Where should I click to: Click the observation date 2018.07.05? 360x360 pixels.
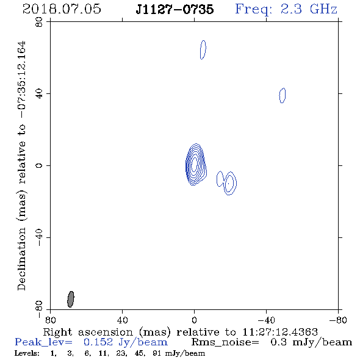click(x=62, y=9)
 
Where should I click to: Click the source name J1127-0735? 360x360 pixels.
click(x=175, y=10)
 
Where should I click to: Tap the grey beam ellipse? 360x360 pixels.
click(x=71, y=299)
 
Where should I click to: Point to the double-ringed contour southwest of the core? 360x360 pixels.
click(x=229, y=183)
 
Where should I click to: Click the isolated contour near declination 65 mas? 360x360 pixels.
click(x=203, y=50)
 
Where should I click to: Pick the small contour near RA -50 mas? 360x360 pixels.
click(x=283, y=95)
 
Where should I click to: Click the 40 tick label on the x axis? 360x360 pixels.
click(x=122, y=320)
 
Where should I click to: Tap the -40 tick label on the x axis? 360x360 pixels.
click(x=266, y=320)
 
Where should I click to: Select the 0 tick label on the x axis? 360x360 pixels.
click(x=194, y=320)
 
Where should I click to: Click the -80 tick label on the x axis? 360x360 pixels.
click(x=338, y=320)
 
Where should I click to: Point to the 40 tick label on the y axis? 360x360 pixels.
click(x=39, y=94)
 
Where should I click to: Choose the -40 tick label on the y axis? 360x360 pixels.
click(x=39, y=237)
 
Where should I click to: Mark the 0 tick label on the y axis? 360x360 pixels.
click(x=39, y=165)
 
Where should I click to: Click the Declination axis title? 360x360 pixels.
click(x=21, y=165)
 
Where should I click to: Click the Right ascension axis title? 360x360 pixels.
click(x=181, y=332)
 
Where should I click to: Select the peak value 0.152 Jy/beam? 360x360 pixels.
click(x=126, y=342)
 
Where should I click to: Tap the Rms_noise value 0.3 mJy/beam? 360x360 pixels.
click(x=311, y=342)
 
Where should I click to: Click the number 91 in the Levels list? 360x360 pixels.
click(x=156, y=353)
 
